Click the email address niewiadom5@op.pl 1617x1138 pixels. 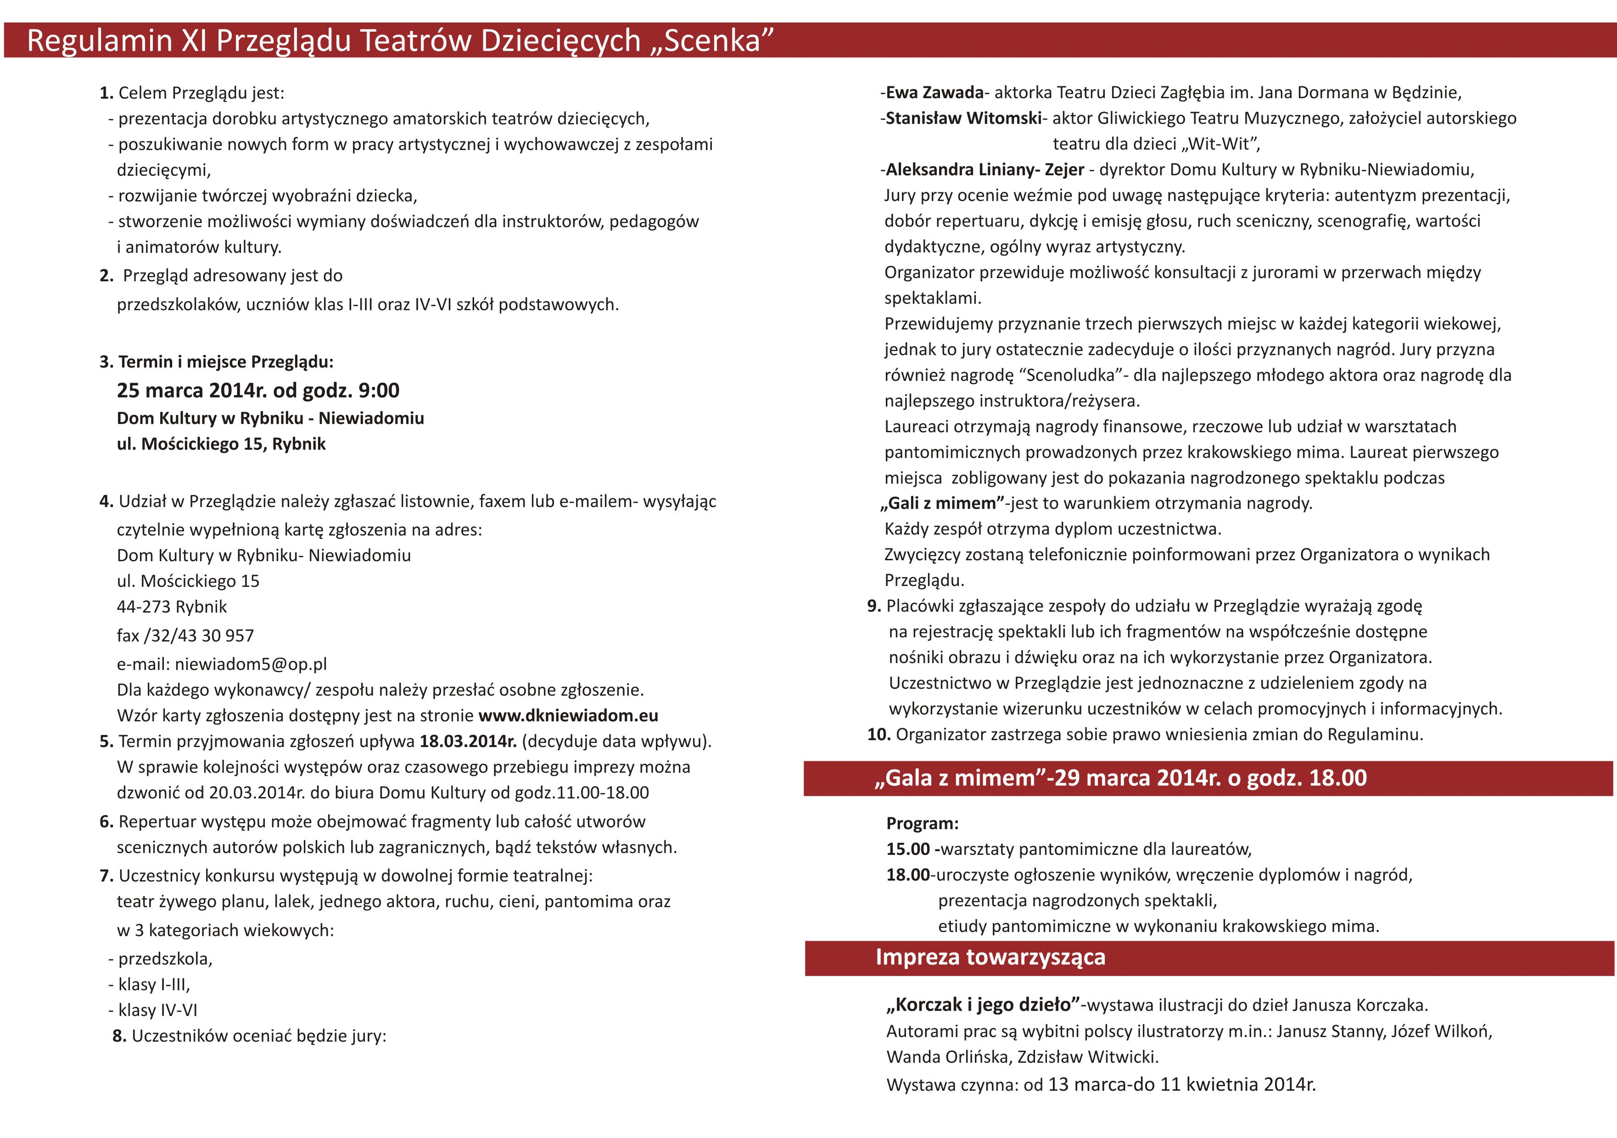click(x=251, y=664)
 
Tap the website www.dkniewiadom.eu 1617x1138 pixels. click(x=568, y=715)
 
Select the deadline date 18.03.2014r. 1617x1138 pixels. click(x=468, y=742)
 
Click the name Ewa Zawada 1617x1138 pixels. click(x=934, y=92)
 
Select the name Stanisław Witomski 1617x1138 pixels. click(x=963, y=118)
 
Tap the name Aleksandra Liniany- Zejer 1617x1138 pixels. click(x=985, y=170)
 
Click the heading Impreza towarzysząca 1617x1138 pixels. click(x=990, y=957)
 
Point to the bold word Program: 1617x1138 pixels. click(x=922, y=823)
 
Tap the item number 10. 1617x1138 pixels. click(x=878, y=735)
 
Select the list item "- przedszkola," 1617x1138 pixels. click(x=161, y=959)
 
